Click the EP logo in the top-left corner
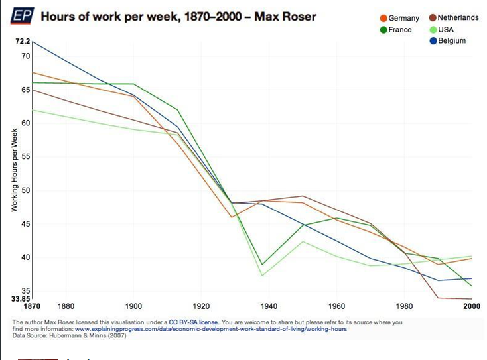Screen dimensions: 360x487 [23, 16]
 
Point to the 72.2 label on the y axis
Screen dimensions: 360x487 [23, 42]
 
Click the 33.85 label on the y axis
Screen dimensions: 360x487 [21, 298]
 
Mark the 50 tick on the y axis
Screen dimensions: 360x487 [25, 191]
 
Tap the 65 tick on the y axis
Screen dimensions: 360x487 [25, 90]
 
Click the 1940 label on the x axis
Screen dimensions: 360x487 [269, 306]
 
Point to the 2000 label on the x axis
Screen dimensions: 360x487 [472, 306]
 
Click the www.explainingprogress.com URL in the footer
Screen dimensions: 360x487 [211, 329]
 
